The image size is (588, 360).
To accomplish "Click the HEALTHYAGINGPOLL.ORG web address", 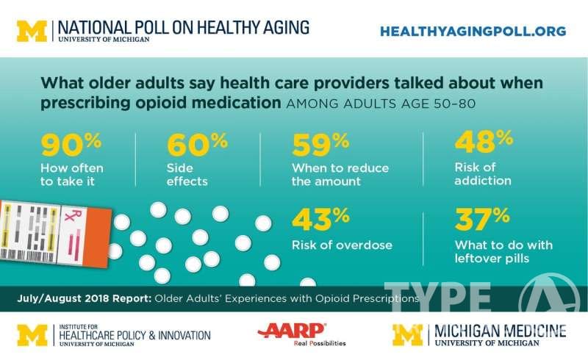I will pos(473,31).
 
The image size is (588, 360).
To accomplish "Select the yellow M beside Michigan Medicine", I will pos(407,334).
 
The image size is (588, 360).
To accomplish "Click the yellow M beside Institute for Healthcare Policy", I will pos(32,334).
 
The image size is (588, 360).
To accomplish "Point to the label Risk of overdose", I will pos(342,245).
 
